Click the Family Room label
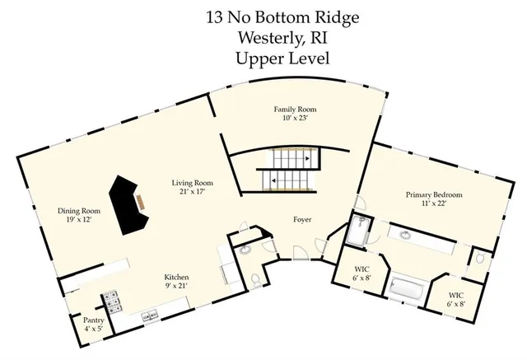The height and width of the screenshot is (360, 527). [295, 110]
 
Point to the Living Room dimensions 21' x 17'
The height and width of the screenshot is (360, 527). [193, 191]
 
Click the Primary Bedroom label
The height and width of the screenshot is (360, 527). [433, 195]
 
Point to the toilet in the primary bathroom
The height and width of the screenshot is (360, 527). [482, 260]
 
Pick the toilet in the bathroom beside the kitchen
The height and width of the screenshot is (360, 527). [254, 280]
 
